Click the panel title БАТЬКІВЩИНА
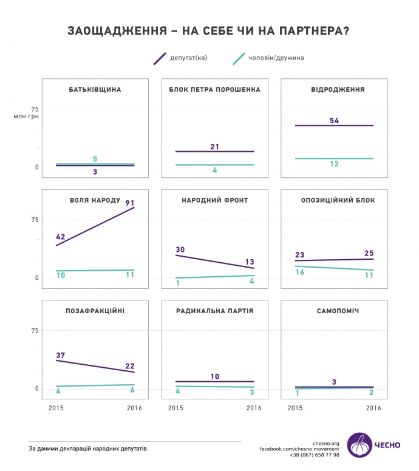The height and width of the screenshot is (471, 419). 95,90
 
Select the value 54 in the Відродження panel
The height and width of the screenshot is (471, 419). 334,120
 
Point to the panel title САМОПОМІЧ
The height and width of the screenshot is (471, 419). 338,311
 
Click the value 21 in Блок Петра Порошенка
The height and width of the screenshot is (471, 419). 214,146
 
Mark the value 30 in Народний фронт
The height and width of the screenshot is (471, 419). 180,249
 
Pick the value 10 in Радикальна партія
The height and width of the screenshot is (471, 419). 214,376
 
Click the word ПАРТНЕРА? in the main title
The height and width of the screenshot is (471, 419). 310,30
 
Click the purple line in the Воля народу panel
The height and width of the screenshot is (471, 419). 95,226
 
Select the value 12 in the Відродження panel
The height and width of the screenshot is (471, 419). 334,164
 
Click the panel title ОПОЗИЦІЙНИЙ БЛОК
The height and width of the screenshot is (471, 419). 338,200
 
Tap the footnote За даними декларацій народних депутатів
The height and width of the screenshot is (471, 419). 88,449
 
